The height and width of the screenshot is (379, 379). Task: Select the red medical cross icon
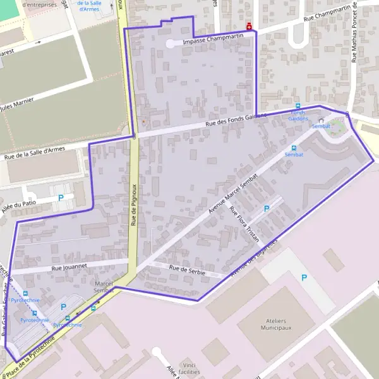250,27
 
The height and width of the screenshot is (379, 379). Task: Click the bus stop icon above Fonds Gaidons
298,105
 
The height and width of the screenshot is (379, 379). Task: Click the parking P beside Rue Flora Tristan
266,208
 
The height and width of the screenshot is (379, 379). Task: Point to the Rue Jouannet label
69,267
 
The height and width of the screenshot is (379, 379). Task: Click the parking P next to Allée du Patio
61,198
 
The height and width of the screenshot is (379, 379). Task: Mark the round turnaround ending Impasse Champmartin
171,44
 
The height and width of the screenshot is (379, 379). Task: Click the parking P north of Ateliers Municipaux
304,277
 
